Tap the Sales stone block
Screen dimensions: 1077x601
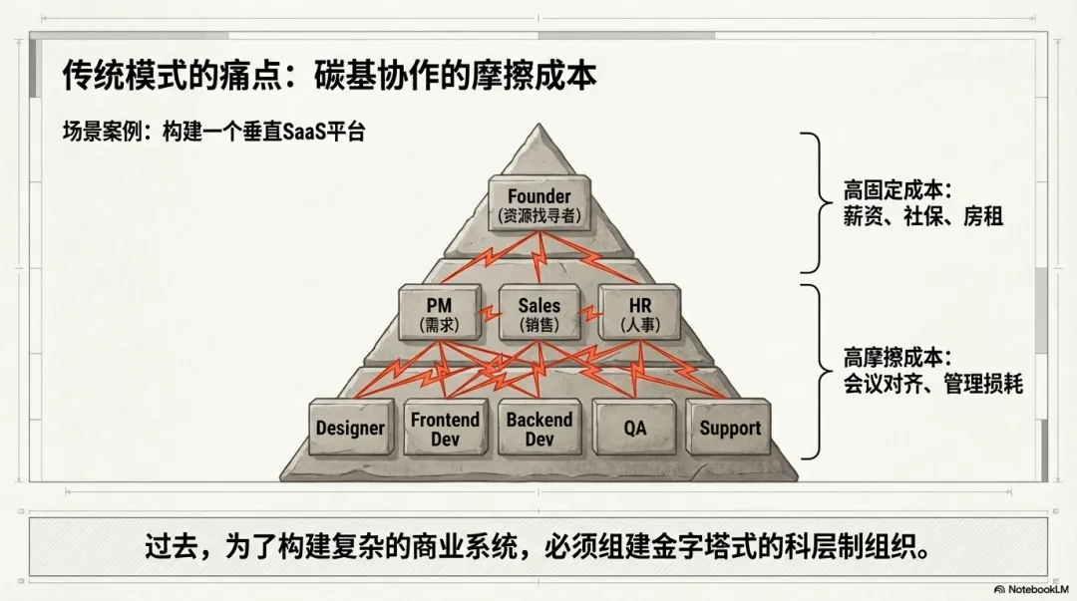539,312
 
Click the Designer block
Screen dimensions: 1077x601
350,428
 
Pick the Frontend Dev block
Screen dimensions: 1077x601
445,429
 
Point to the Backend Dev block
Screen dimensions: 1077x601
539,429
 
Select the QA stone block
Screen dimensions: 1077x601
635,428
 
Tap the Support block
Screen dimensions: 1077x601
730,428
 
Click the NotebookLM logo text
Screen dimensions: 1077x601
1026,589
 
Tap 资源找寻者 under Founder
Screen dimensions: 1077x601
539,214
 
